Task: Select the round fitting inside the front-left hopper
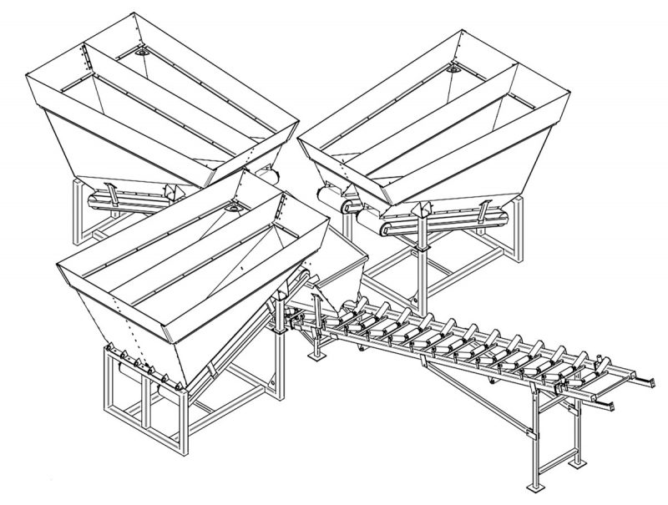coord(234,204)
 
